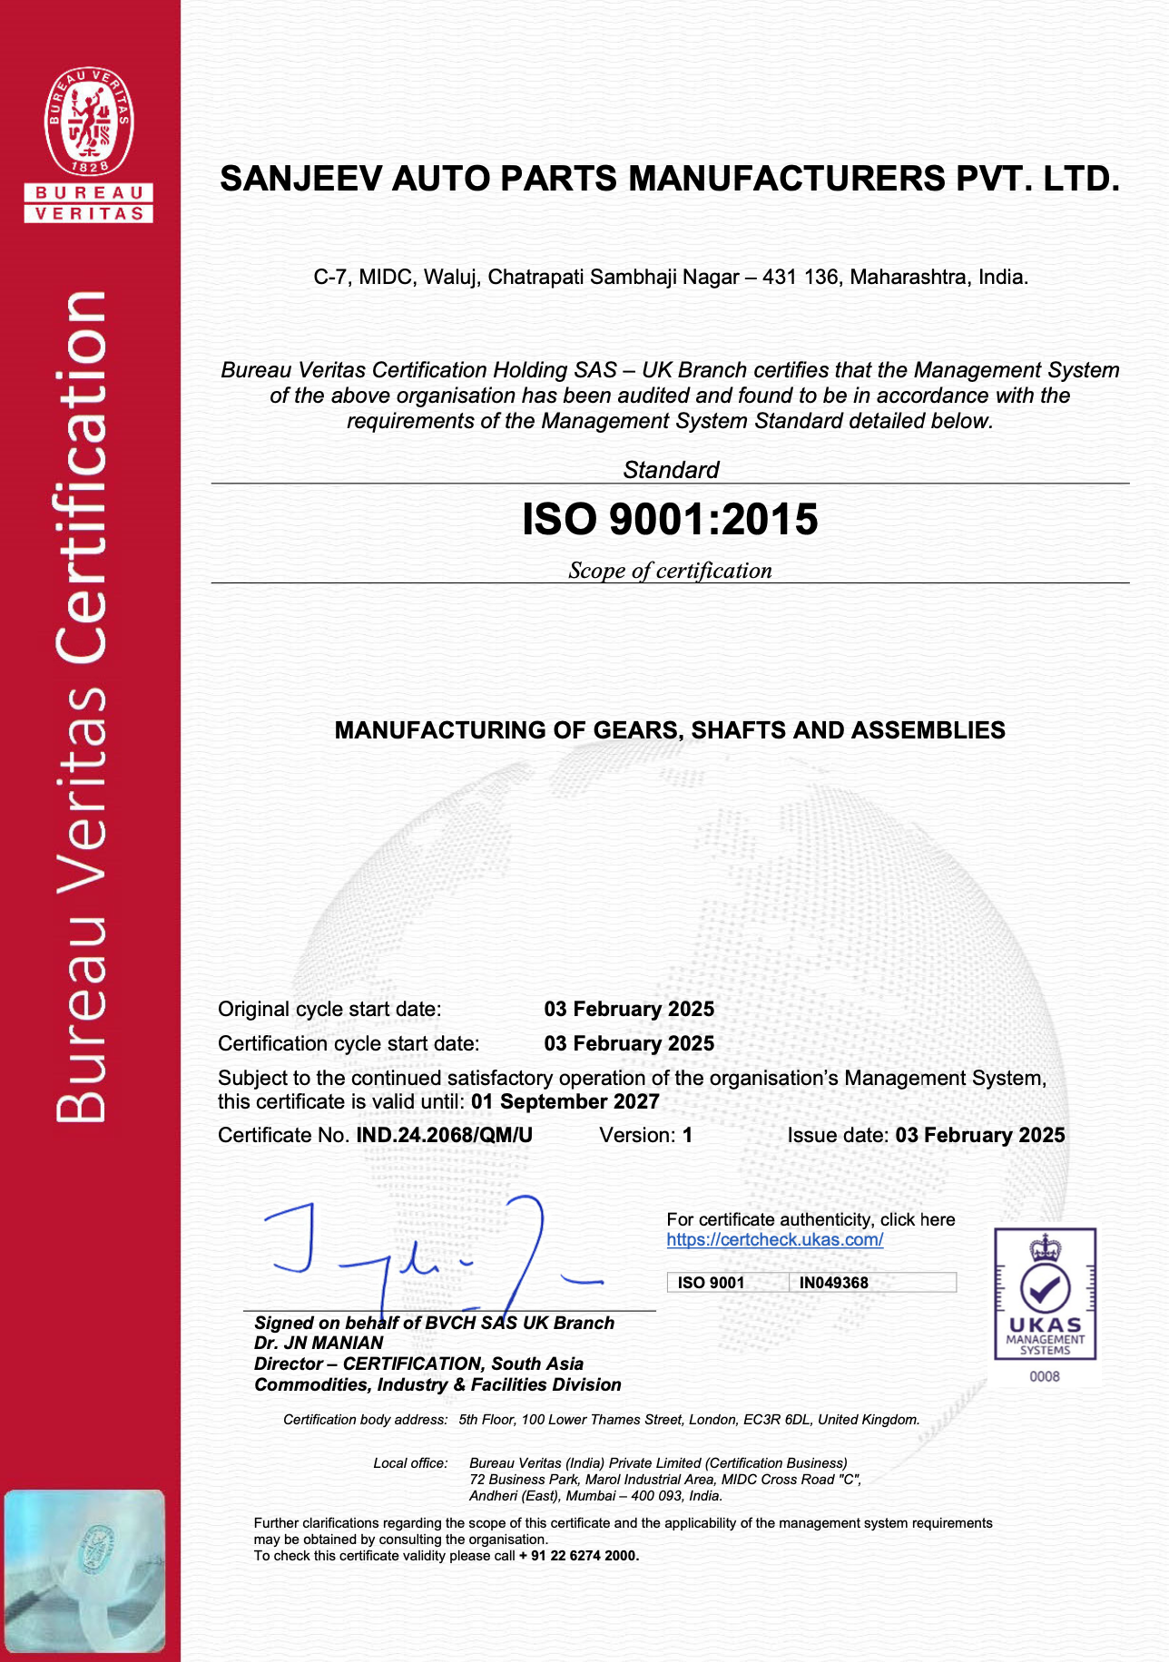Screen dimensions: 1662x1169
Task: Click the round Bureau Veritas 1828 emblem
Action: coord(89,122)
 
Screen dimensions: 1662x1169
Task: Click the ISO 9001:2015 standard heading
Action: coord(670,520)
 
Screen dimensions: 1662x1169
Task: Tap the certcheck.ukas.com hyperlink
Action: coord(774,1240)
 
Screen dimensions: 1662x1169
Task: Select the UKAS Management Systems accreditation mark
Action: coord(1045,1294)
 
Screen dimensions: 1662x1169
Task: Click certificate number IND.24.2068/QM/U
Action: coord(444,1136)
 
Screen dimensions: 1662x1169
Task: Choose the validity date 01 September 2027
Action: coord(565,1102)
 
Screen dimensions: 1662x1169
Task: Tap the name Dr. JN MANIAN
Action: coord(319,1344)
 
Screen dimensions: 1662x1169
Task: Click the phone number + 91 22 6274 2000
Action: coord(579,1556)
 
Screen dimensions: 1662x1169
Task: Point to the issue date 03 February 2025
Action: coord(979,1136)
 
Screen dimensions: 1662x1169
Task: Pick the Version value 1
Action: coord(688,1136)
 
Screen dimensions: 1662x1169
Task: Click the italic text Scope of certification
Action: coord(670,571)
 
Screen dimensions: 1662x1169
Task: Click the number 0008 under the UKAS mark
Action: coord(1045,1377)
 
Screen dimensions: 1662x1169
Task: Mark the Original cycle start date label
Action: coord(329,1010)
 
